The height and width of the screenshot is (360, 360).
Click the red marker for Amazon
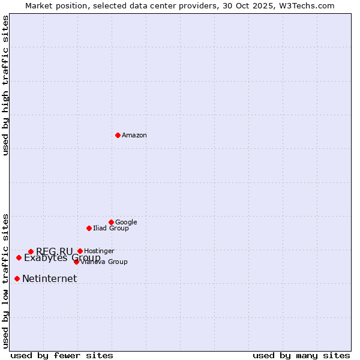(x=118, y=135)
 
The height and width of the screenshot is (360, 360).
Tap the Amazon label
(x=134, y=136)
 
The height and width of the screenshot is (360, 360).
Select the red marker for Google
(x=111, y=222)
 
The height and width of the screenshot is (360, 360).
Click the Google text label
(x=126, y=223)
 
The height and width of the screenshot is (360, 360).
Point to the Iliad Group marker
(x=89, y=228)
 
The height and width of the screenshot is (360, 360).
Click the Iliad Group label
(x=111, y=229)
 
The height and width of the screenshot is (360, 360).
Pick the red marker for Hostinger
(x=80, y=251)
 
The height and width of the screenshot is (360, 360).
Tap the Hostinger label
(x=99, y=251)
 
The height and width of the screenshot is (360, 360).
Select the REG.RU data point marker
(x=31, y=251)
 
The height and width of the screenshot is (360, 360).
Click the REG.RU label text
(x=55, y=251)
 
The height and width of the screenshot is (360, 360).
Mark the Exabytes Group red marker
(x=19, y=257)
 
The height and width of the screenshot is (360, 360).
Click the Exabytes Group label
(x=62, y=259)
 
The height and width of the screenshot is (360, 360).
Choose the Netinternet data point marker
(x=17, y=278)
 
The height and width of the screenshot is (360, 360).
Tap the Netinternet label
(x=50, y=279)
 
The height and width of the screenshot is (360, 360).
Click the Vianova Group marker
(x=76, y=262)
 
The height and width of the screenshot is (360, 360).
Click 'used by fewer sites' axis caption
(x=62, y=355)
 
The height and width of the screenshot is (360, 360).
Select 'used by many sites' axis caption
(x=301, y=355)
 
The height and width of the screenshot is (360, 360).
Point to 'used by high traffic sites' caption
(x=5, y=86)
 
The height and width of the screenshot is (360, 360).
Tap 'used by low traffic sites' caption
(x=5, y=280)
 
